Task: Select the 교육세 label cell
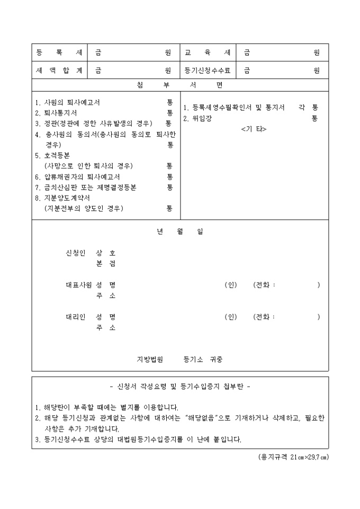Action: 207,53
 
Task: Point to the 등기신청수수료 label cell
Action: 207,70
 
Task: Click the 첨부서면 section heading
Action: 180,85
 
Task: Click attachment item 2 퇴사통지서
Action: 56,113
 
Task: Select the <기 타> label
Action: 253,129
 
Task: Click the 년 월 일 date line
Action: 180,232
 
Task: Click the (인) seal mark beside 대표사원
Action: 231,285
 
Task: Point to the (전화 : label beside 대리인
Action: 265,317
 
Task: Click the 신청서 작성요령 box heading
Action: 180,386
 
